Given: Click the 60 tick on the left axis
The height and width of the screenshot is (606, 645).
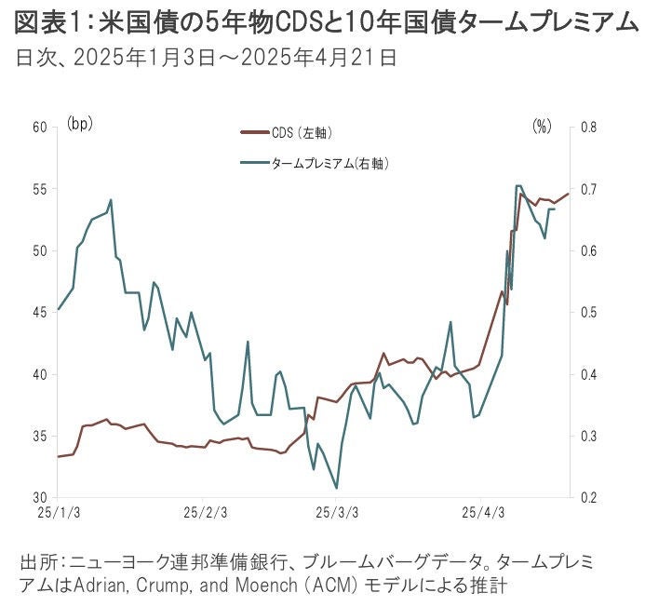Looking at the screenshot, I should click(x=40, y=127).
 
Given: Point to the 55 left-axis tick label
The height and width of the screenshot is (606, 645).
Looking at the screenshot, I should click(x=40, y=189).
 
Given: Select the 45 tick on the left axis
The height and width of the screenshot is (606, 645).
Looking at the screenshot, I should click(x=40, y=313).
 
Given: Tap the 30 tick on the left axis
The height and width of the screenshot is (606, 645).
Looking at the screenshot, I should click(x=40, y=498).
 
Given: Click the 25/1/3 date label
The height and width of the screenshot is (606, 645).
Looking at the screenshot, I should click(x=59, y=513).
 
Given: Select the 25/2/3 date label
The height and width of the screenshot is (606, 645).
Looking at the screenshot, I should click(x=204, y=513).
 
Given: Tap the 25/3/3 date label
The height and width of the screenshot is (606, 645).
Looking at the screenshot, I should click(x=338, y=513).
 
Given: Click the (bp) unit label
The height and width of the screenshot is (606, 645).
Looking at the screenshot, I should click(x=80, y=123).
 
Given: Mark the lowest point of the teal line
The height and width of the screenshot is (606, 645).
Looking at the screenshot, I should click(x=336, y=488).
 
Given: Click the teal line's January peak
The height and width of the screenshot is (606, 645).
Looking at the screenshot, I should click(x=111, y=199).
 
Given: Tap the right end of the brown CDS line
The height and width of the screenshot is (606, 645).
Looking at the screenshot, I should click(x=568, y=194).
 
